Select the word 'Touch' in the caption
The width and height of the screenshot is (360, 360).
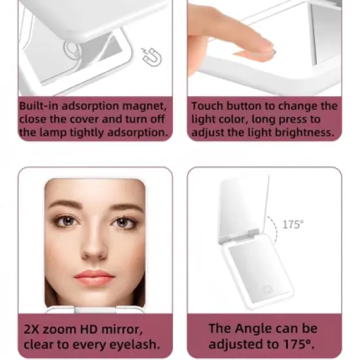(x=208, y=106)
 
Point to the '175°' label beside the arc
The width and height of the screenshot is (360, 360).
(x=293, y=225)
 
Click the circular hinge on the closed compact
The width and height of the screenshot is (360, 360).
(x=70, y=50)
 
